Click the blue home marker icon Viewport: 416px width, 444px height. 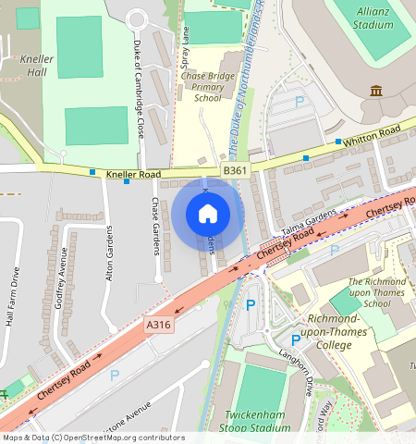pyautogui.click(x=208, y=214)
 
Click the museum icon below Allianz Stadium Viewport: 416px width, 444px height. pyautogui.click(x=376, y=90)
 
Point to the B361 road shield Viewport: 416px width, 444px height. pyautogui.click(x=235, y=171)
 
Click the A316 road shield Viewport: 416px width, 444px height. pyautogui.click(x=158, y=325)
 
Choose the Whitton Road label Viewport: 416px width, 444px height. pyautogui.click(x=372, y=137)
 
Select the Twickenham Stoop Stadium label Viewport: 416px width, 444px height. pyautogui.click(x=255, y=421)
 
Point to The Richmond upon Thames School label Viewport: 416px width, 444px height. pyautogui.click(x=376, y=292)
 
